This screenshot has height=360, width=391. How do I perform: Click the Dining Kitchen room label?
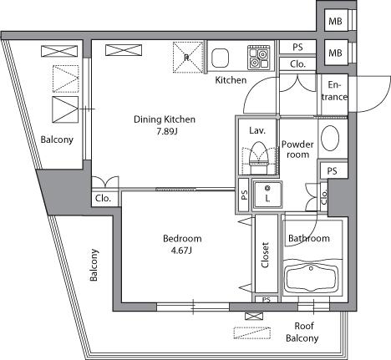pos(165,119)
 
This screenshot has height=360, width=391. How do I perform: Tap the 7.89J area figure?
pos(167,131)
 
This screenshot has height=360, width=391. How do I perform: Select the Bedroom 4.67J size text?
pos(181,251)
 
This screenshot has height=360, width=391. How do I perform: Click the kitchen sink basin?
pos(220,58)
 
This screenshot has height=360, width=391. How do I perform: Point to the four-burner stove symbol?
pos(258,57)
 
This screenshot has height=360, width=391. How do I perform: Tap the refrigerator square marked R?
pos(188,58)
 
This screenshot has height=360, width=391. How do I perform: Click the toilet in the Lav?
pos(258,158)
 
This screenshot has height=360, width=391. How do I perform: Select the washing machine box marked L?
pos(267,195)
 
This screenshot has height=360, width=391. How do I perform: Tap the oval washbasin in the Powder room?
pos(330,139)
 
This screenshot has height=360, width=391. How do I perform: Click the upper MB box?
pos(336,21)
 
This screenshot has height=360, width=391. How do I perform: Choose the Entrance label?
pos(334,91)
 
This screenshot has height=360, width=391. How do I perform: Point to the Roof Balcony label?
pos(302,332)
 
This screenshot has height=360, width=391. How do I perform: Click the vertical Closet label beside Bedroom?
pos(265,255)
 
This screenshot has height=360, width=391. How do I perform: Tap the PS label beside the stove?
pos(297,47)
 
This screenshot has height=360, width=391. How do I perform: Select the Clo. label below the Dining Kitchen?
pos(103,199)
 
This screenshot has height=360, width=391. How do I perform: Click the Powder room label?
pos(297,150)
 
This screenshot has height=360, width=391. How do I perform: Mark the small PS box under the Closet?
pos(267,299)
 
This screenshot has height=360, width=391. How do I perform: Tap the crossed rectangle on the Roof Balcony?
pos(254,317)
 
